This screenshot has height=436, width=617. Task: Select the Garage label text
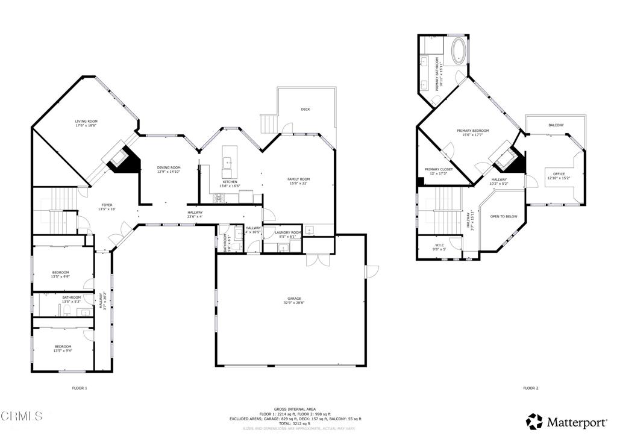tap(294, 299)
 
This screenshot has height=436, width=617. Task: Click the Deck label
tap(305, 109)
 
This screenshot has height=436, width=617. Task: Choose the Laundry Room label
tap(287, 232)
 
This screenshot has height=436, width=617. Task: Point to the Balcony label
tap(556, 125)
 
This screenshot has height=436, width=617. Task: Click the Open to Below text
tap(504, 216)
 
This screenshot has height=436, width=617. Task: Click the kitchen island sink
tap(229, 161)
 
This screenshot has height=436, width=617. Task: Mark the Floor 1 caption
tap(80, 388)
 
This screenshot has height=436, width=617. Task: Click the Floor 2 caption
tap(530, 388)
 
